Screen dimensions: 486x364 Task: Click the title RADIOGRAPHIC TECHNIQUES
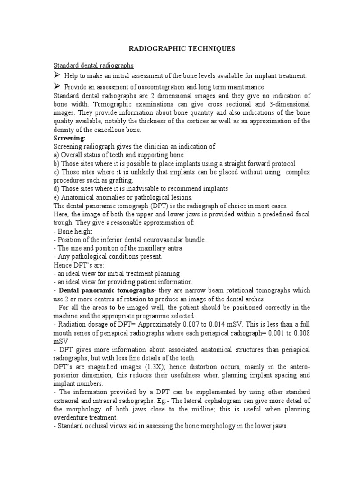[182, 48]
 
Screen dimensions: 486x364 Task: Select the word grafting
[119, 180]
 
